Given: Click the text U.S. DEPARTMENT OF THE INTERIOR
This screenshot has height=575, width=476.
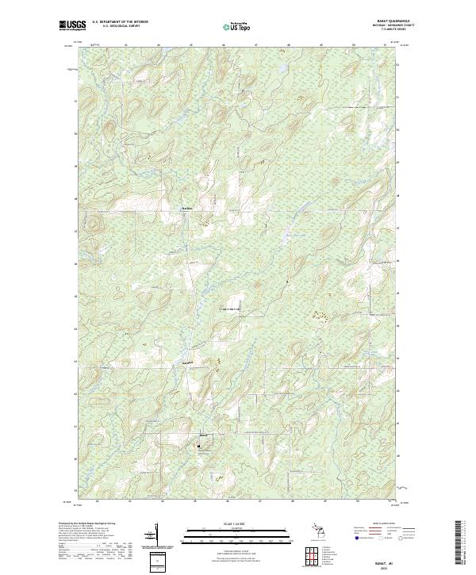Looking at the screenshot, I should coord(121,22).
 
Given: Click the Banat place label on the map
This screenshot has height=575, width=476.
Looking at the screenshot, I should coord(202,435).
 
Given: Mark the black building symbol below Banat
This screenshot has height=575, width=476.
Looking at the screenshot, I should coord(198,445).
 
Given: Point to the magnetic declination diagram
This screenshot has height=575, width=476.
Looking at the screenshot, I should coord(156,535).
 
